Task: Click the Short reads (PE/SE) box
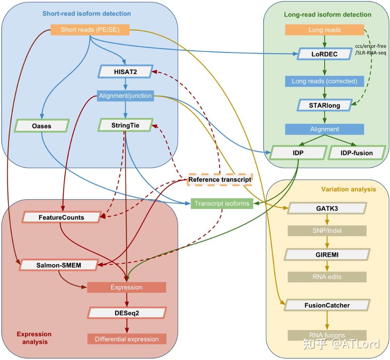90,30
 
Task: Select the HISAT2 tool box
126,72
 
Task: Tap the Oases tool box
41,126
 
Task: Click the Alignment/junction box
125,96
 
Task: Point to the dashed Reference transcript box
220,179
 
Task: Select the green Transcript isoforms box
222,204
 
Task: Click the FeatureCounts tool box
61,217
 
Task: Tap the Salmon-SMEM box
58,265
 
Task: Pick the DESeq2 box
127,313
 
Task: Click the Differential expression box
127,339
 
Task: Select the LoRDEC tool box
324,54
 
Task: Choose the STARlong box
324,105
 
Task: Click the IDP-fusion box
357,153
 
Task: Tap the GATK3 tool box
327,209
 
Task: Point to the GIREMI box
327,255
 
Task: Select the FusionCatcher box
327,305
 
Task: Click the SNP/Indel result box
327,231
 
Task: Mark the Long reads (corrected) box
324,81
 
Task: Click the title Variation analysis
348,189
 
